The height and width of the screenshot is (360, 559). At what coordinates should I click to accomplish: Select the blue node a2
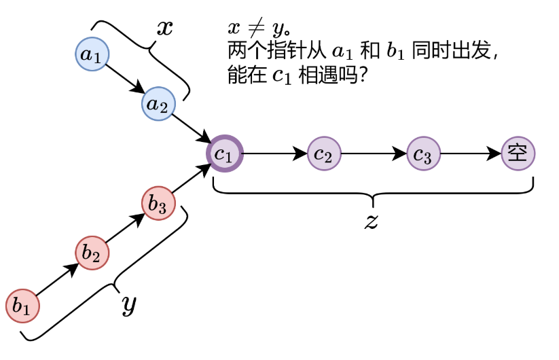(x=158, y=105)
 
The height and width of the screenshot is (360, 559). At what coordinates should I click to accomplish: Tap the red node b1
(x=22, y=306)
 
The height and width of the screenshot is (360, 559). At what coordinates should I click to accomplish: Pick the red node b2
(x=92, y=254)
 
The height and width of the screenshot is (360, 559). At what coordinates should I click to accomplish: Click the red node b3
(x=158, y=204)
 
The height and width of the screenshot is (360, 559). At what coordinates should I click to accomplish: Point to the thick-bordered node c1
(x=224, y=154)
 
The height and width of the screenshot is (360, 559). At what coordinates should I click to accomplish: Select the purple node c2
(x=324, y=154)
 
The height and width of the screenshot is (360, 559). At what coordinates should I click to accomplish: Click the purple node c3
(x=423, y=154)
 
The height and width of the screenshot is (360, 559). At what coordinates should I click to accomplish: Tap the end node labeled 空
(x=518, y=154)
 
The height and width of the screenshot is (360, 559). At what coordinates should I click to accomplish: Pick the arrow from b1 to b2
(x=57, y=280)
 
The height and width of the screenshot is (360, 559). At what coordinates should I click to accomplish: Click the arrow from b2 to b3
(x=125, y=229)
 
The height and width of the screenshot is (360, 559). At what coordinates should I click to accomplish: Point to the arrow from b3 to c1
(x=192, y=179)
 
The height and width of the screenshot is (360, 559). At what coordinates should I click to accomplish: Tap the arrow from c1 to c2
(x=274, y=154)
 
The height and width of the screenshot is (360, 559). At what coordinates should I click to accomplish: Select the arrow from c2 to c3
(x=374, y=154)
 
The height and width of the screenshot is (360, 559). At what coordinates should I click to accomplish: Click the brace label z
(x=371, y=221)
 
